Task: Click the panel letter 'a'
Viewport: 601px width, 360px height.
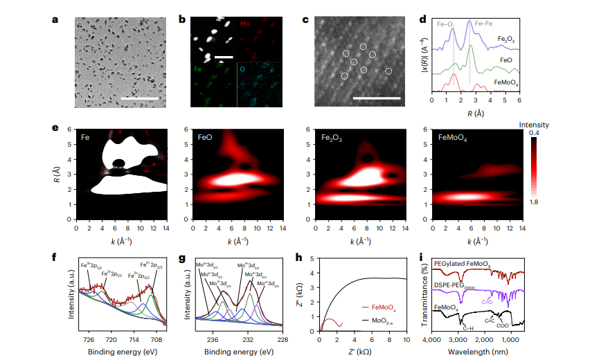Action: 55,19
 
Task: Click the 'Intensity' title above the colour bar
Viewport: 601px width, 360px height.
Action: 535,125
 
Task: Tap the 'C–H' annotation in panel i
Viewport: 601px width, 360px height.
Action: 467,328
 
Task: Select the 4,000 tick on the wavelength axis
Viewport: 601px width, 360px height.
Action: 431,340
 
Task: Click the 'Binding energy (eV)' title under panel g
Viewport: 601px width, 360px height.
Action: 239,351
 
